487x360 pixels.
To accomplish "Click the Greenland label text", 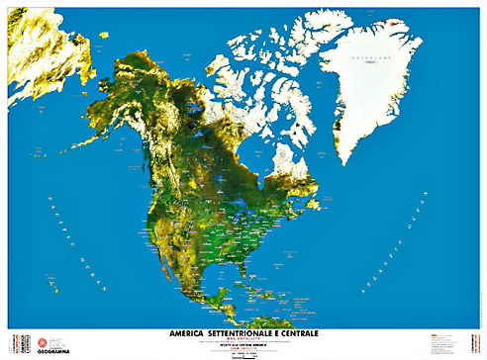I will [x=371, y=60].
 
